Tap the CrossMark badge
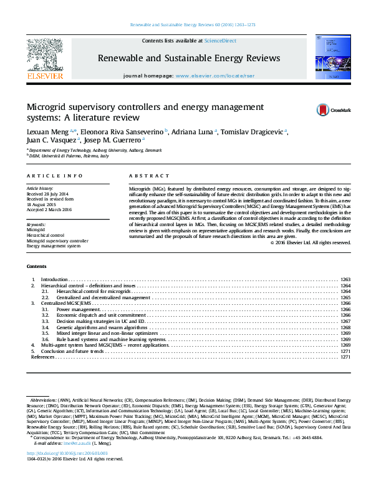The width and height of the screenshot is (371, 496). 333,110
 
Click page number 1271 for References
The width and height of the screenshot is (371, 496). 345,357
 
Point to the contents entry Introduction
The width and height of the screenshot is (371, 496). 54,279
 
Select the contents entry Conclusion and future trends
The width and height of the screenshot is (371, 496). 72,351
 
